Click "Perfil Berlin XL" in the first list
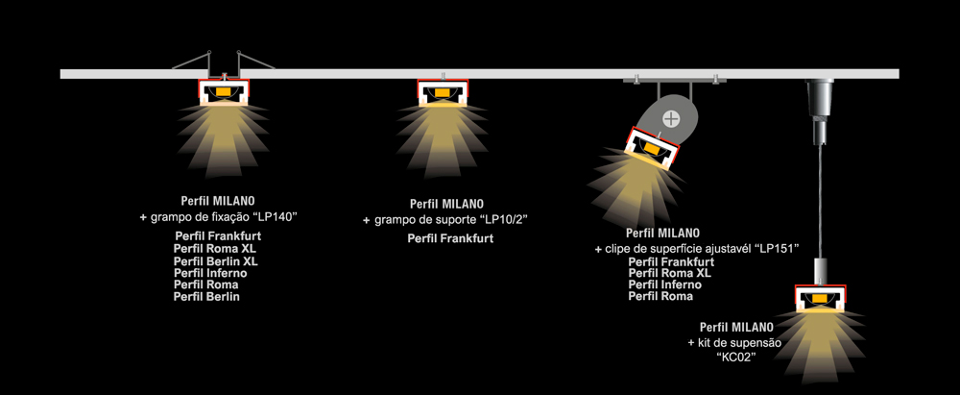tap(216, 260)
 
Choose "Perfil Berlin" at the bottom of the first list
tap(206, 297)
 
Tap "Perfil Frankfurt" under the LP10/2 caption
tap(450, 238)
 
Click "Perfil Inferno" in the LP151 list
tap(665, 284)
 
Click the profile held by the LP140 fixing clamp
tap(225, 91)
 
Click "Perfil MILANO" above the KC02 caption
tap(737, 327)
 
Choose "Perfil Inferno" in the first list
tap(209, 273)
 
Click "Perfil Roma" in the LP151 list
tap(660, 297)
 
